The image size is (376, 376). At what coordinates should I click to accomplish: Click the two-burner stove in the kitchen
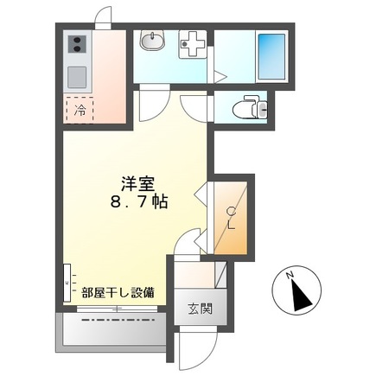pos(75,45)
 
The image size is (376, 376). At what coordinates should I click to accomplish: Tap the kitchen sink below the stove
pos(75,76)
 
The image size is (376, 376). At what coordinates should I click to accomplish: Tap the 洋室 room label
pos(137,183)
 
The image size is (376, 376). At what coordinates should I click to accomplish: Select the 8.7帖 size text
pos(137,201)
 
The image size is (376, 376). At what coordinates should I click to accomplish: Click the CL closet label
pos(231,217)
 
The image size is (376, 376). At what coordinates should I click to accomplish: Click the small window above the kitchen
pos(104,16)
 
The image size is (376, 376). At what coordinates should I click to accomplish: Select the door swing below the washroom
pos(151,104)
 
